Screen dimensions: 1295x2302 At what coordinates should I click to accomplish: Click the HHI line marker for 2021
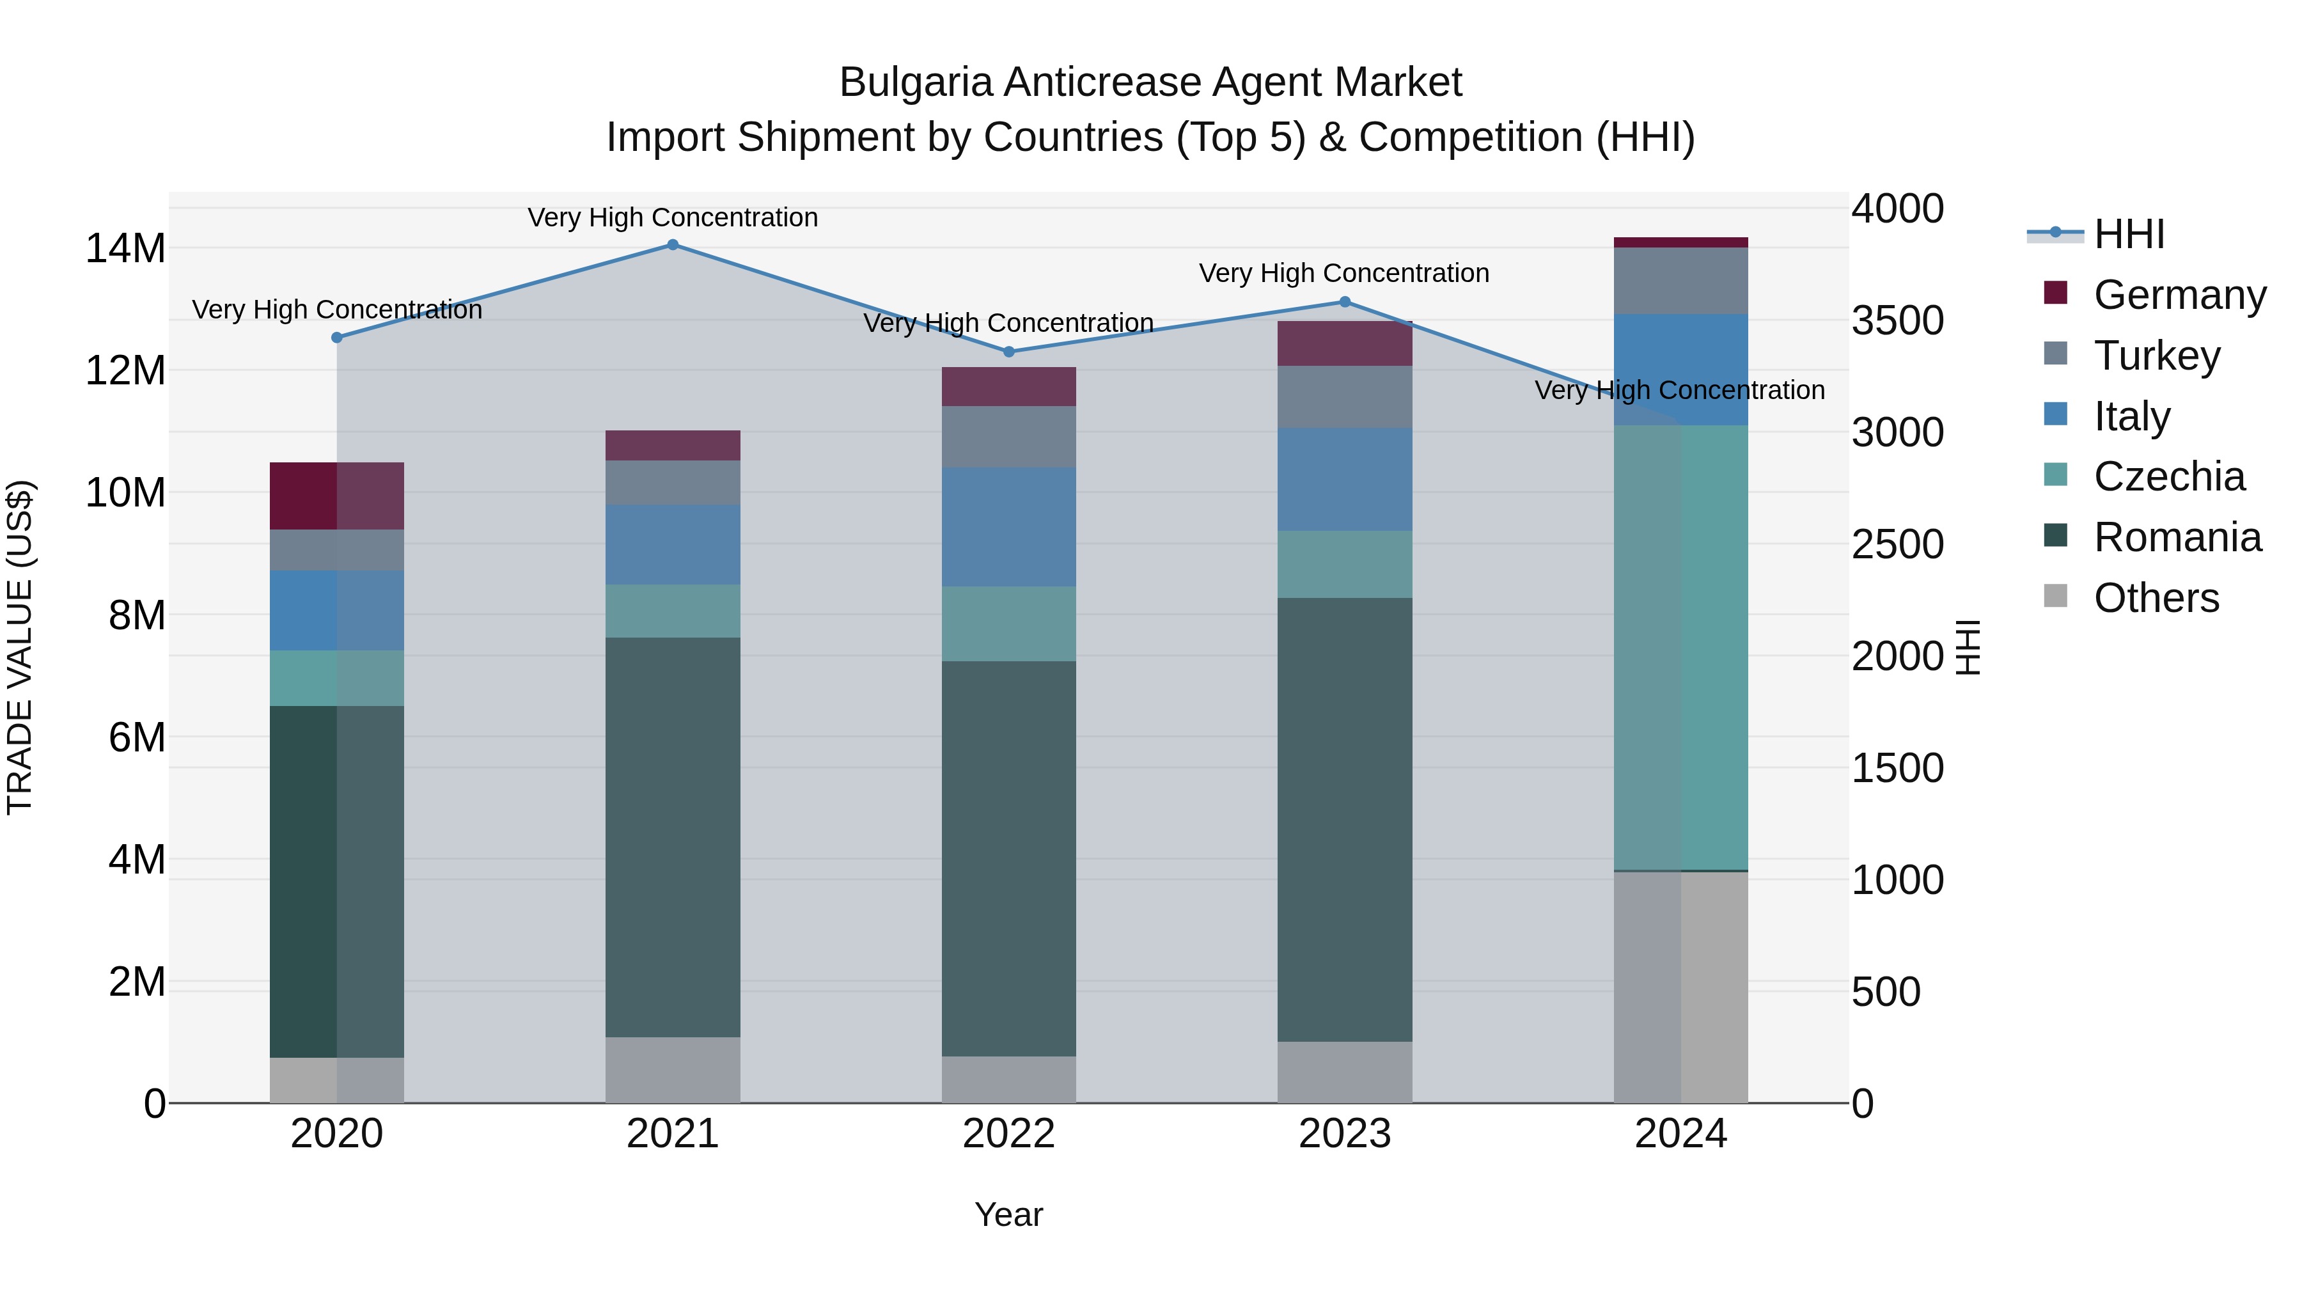click(673, 245)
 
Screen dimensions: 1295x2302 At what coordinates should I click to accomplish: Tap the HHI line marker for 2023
click(1345, 302)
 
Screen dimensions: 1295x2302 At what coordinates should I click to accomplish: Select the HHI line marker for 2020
click(337, 338)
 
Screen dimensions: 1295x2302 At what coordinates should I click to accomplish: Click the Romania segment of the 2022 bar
click(1009, 858)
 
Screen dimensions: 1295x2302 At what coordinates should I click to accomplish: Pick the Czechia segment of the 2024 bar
click(1681, 647)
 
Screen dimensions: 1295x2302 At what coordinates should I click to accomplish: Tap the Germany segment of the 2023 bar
click(1345, 343)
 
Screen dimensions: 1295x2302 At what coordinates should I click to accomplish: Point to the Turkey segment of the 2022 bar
click(1009, 436)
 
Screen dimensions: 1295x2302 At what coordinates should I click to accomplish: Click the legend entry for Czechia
click(2168, 476)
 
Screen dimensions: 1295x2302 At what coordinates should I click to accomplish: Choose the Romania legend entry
click(2177, 537)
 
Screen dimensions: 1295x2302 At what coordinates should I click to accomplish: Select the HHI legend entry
click(2129, 234)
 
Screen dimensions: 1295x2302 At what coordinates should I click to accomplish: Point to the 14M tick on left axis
click(125, 249)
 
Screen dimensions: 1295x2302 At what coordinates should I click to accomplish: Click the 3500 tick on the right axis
click(1897, 321)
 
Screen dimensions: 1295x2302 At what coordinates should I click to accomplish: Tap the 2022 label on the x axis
click(1009, 1134)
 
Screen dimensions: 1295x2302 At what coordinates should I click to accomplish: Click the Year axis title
click(1009, 1214)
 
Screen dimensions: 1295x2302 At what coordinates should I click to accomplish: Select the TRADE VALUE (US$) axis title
click(20, 647)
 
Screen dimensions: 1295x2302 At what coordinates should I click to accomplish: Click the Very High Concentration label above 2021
click(673, 217)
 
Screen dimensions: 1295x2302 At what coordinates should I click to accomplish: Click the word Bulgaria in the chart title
click(915, 83)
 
